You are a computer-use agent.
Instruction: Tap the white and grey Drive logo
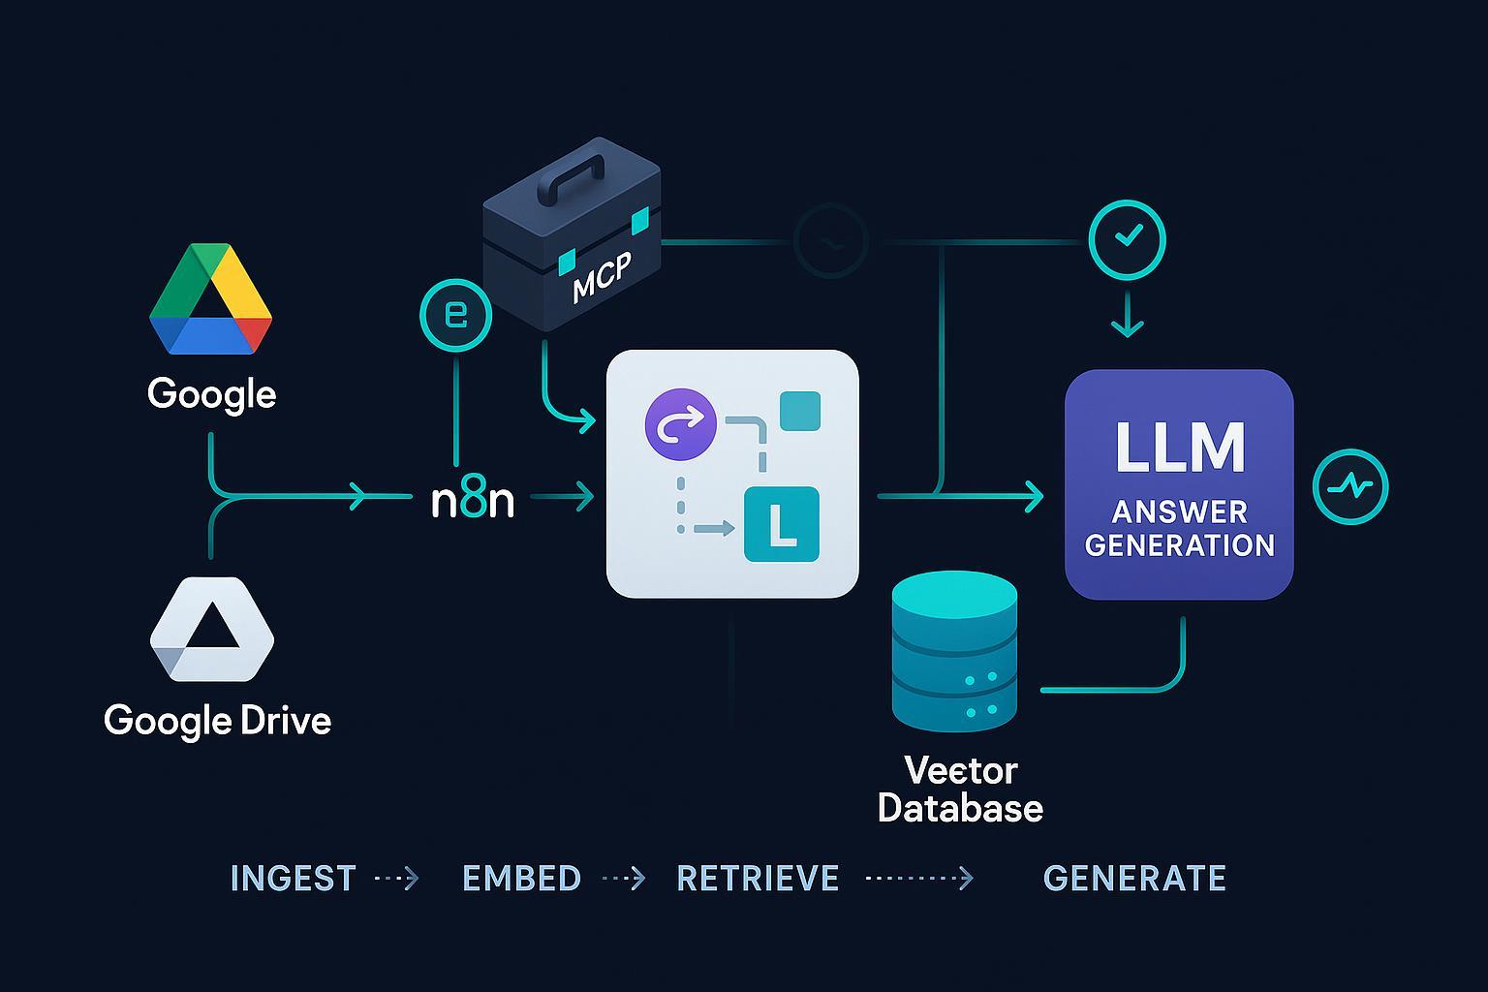click(x=212, y=630)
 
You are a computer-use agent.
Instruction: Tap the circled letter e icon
click(x=455, y=315)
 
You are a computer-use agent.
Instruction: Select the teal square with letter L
click(x=781, y=524)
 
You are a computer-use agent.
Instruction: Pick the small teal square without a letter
click(x=799, y=411)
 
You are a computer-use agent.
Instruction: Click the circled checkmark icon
click(x=1127, y=238)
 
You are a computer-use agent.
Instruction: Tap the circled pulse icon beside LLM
click(x=1349, y=486)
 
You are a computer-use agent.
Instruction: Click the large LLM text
click(x=1179, y=449)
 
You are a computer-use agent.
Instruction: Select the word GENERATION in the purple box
click(x=1179, y=545)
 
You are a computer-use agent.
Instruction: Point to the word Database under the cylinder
click(x=960, y=808)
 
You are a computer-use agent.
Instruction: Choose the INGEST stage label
click(x=293, y=879)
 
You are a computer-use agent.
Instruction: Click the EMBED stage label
click(x=521, y=879)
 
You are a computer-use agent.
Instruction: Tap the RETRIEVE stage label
click(x=758, y=879)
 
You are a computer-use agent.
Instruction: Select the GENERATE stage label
click(x=1134, y=879)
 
